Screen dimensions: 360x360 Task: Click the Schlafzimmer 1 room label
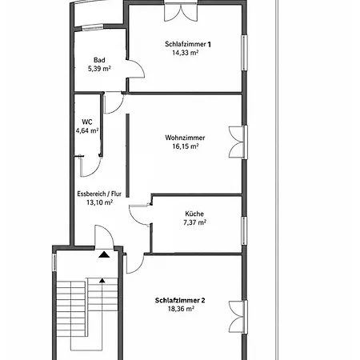tap(188, 44)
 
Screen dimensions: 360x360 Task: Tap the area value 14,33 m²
tap(185, 53)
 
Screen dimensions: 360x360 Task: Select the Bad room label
tap(99, 60)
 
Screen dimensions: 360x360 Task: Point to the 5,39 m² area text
tap(99, 69)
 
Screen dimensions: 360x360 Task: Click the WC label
tap(87, 122)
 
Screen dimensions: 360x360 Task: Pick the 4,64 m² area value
tap(87, 130)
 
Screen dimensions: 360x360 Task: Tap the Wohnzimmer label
tap(185, 138)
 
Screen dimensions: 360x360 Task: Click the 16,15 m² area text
tap(186, 146)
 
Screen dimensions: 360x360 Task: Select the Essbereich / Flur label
tap(99, 194)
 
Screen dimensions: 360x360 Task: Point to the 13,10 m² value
tap(99, 202)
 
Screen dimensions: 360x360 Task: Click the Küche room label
tap(194, 214)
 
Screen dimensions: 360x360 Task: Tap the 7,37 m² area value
tap(194, 222)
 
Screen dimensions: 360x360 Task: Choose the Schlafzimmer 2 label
tap(180, 300)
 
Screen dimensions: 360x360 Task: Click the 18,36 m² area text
tap(181, 309)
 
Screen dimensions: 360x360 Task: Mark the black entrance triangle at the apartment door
tap(104, 254)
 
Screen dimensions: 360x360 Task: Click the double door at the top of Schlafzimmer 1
tap(181, 11)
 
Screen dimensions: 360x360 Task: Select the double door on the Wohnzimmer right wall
tap(238, 142)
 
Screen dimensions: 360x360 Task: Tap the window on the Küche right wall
tap(244, 230)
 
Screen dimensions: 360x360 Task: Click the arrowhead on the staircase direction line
tap(102, 280)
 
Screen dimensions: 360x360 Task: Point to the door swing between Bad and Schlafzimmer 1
tap(136, 69)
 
